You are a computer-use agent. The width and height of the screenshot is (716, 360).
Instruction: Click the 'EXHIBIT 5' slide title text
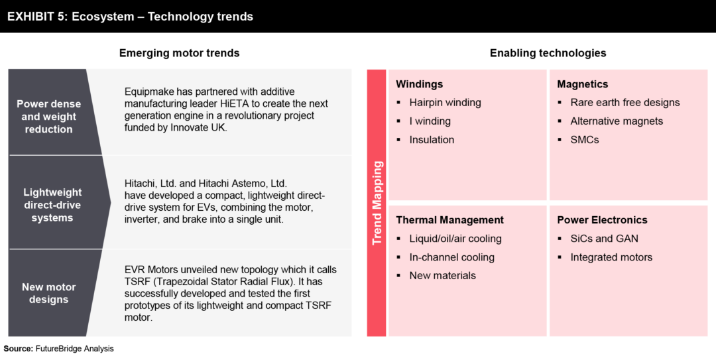coord(130,17)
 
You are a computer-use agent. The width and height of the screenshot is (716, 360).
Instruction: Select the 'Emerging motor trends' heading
coord(179,53)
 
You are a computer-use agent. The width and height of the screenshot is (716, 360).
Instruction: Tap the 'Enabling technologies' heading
coord(548,53)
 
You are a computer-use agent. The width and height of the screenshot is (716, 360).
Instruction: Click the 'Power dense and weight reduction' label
coord(48,117)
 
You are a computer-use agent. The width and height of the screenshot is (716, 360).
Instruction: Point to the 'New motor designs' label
coord(48,293)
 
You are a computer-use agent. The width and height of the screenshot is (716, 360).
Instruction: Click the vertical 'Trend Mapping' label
coord(377,202)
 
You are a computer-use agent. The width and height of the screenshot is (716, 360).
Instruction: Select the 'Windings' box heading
coord(419,84)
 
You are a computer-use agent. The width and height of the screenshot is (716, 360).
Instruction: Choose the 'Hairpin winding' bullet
coord(445,103)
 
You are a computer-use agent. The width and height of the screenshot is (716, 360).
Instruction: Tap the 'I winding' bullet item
coord(430,121)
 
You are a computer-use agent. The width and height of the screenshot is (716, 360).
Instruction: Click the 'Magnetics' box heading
coord(582,84)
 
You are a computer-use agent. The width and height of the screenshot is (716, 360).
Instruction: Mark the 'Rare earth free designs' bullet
coord(625,103)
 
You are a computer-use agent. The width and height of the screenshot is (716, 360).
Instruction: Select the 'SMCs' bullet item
coord(584,140)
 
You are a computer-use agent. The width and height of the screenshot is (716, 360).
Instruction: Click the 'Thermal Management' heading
coord(449,220)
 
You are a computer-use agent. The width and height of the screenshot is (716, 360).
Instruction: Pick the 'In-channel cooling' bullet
coord(451,257)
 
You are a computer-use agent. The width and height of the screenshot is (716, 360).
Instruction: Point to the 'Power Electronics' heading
coord(602,220)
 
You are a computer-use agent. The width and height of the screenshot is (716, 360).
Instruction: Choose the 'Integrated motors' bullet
coord(611,257)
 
